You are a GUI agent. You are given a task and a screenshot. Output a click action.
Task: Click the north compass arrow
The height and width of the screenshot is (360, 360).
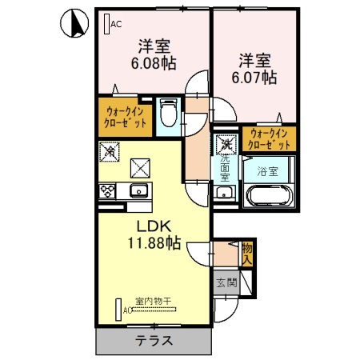tap(71, 25)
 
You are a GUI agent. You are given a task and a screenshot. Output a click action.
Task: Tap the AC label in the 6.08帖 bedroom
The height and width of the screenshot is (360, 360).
tap(116, 24)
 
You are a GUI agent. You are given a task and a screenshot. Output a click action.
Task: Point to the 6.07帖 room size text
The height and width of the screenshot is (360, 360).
tap(257, 78)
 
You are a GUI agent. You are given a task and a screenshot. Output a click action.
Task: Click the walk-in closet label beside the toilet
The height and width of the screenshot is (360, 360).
tap(126, 118)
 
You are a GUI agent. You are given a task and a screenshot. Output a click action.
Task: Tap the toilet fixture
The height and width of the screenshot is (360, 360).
tap(168, 113)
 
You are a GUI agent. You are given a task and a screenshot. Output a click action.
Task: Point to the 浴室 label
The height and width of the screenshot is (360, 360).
tap(267, 170)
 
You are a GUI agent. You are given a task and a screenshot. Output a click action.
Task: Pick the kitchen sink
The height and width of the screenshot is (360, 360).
tap(138, 190)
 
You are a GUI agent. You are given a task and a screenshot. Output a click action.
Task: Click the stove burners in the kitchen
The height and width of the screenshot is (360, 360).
tap(107, 190)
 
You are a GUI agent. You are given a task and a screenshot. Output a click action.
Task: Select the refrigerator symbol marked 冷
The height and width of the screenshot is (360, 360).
tap(110, 150)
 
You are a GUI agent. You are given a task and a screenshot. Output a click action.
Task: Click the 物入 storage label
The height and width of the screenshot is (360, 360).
tap(247, 254)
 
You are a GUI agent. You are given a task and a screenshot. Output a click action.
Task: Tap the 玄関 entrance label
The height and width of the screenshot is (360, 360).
tap(226, 282)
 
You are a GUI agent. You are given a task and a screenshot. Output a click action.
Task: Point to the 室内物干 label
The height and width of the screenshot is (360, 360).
tap(153, 302)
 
